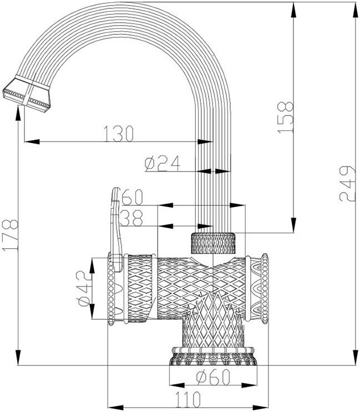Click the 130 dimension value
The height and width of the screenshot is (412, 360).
point(119,133)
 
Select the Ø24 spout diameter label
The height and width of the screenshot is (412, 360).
point(161,163)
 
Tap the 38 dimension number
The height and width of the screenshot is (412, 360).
point(132,218)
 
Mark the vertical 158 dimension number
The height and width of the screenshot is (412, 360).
point(286,117)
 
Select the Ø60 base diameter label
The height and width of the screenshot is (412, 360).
point(212,377)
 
